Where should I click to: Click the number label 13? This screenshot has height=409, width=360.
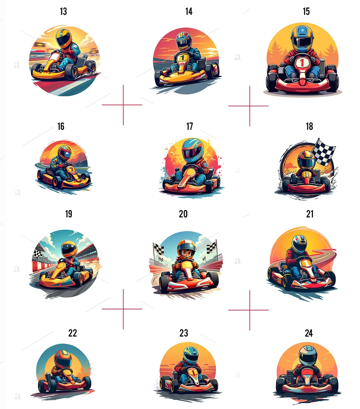[x=63, y=11]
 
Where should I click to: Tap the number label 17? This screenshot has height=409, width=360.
[x=189, y=126]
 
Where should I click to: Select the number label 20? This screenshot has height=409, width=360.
[x=183, y=214]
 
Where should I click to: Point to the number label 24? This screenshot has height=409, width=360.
[x=309, y=333]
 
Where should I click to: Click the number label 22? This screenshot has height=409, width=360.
[x=72, y=333]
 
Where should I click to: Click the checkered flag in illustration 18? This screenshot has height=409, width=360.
[x=324, y=151]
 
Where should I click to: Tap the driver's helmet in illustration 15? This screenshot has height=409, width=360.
[x=302, y=39]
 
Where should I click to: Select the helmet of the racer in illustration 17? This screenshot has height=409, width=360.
[x=193, y=150]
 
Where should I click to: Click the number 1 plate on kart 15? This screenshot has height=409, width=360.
[x=302, y=62]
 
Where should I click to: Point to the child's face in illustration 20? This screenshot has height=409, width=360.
[x=187, y=253]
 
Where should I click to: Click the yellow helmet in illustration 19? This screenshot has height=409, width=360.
[x=69, y=249]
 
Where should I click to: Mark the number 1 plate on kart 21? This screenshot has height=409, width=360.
[x=306, y=263]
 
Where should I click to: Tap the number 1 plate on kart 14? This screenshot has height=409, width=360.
[x=183, y=57]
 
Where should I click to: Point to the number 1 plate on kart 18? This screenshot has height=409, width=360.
[x=307, y=174]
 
